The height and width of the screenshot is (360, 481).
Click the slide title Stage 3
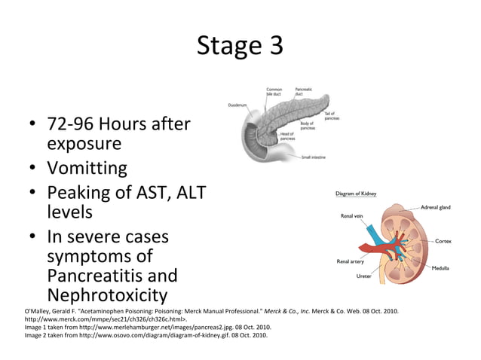coord(240,46)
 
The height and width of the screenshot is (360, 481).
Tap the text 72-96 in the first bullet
coord(69,124)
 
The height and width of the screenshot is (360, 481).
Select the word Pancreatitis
coord(112,276)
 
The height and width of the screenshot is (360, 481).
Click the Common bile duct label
coord(274,92)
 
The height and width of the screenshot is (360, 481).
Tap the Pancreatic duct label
coord(305,92)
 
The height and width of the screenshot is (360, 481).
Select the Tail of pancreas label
coord(331,115)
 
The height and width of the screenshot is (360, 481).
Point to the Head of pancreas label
coord(287,136)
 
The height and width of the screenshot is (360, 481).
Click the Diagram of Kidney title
coord(356,194)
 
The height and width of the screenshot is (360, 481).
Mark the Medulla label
coord(441,268)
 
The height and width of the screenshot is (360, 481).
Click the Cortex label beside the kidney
coord(443,241)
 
